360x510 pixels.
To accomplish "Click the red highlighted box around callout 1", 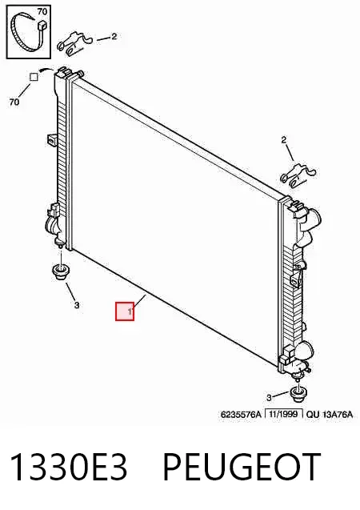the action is point(125,311).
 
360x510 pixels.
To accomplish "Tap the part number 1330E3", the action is point(69,467).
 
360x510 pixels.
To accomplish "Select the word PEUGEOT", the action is point(241,467).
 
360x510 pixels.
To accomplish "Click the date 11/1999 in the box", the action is point(284,414).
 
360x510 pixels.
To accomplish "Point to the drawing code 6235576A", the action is point(241,415).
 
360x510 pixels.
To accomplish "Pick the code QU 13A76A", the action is point(330,415).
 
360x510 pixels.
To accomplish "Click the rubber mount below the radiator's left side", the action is point(61,272).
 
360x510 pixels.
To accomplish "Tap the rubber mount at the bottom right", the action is point(298,393).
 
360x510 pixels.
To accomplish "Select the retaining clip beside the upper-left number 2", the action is point(74,42).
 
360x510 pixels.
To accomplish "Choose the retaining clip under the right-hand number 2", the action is point(298,175).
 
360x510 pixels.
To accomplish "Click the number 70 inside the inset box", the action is point(42,12).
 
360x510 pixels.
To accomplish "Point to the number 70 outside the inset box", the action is point(14,102).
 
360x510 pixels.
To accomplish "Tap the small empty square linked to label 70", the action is point(34,77).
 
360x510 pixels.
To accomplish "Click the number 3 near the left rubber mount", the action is point(76,305).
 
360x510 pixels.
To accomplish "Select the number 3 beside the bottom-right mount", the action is point(269,397).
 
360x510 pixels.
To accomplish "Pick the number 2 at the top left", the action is point(114,37).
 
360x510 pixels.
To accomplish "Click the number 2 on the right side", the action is point(284,140).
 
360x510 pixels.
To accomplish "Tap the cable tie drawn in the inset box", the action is point(28,32).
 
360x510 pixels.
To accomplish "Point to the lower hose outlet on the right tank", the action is point(306,351).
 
